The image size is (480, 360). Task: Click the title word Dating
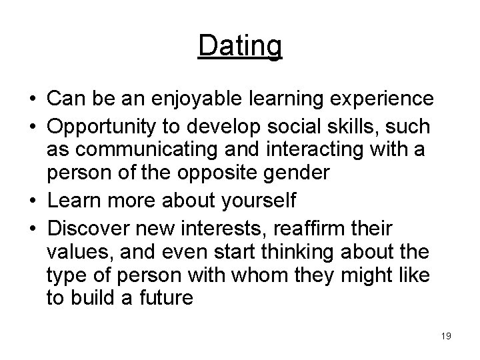240,47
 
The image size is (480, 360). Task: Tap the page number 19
445,336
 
